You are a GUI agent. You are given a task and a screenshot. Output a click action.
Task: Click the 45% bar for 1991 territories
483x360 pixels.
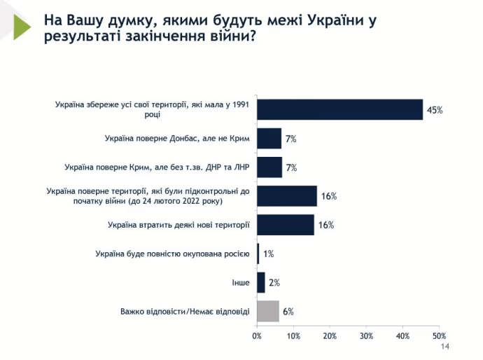coord(339,109)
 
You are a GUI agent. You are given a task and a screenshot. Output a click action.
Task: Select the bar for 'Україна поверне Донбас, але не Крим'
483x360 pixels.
coord(269,139)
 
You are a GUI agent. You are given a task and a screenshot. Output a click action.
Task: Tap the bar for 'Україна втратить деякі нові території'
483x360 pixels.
coord(286,225)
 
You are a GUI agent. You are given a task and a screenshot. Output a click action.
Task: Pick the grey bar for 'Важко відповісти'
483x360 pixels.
coord(268,311)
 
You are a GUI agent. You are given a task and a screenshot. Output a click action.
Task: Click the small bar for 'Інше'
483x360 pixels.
coord(261,282)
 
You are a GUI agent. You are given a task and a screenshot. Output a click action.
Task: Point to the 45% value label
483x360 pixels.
coord(435,110)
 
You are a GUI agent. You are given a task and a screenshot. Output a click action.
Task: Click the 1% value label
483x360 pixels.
coord(268,254)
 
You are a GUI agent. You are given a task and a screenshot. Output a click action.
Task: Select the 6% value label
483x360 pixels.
coord(288,311)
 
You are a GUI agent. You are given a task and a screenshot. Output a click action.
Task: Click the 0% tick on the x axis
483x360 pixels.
coord(257,337)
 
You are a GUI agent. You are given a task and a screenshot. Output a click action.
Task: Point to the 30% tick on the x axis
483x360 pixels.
coord(366,337)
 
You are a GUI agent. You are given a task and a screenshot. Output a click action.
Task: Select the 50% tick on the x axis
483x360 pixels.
coord(439,337)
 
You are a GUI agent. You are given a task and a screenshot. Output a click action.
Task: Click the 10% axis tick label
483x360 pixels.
coord(293,337)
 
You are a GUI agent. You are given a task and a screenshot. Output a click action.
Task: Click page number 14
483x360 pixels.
coord(444,348)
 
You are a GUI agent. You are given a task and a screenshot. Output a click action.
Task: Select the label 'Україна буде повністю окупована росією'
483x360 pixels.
coord(171,254)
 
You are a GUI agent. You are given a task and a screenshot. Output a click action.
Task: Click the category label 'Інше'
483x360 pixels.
coord(240,282)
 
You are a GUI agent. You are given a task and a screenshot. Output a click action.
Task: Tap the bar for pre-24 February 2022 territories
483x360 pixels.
coord(287,196)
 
